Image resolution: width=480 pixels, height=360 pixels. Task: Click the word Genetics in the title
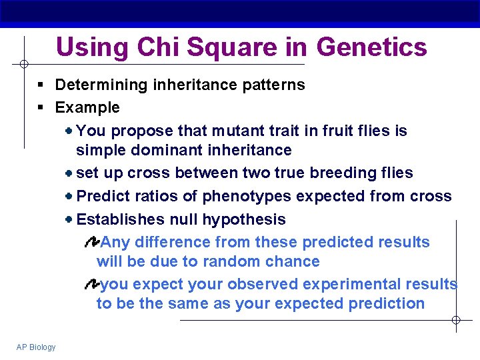tap(371, 47)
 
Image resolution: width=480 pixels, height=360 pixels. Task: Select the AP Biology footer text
tap(37, 347)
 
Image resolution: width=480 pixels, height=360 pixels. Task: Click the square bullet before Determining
tap(41, 85)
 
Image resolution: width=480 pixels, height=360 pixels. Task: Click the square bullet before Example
tap(41, 108)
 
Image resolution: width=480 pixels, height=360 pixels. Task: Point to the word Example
tap(87, 107)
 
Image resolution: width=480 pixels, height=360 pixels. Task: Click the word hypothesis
tap(244, 219)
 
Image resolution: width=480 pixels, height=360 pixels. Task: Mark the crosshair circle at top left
tap(23, 64)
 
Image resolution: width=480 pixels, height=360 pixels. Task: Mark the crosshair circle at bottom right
tap(456, 321)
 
